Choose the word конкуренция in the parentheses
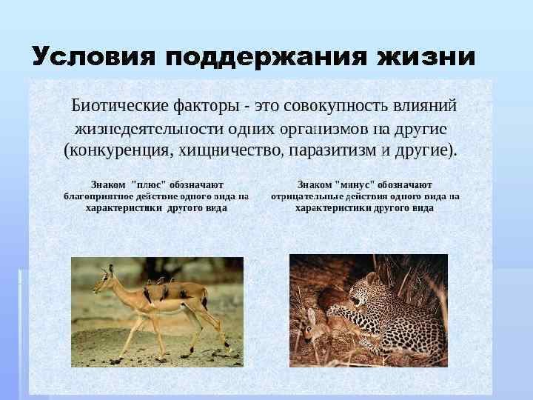(118, 151)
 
